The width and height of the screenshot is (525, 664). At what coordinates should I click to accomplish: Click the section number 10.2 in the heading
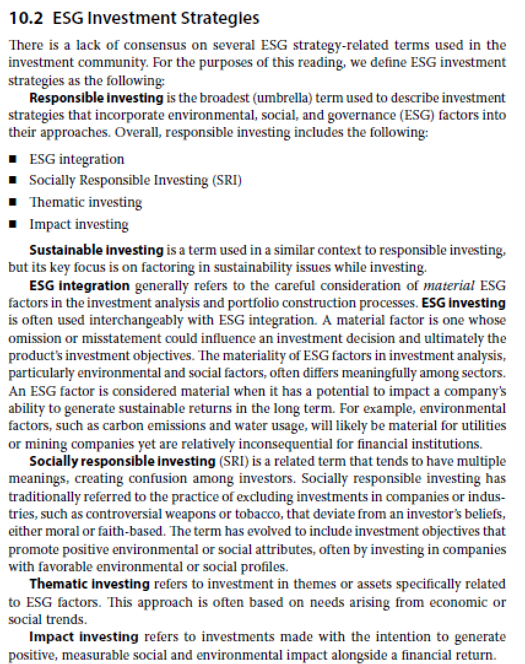pos(26,18)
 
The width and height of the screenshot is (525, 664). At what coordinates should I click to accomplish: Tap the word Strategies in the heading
pos(220,18)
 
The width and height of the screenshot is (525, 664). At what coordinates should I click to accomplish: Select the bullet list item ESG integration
pos(77,160)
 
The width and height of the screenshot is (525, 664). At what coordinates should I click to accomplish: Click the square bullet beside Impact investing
pos(13,225)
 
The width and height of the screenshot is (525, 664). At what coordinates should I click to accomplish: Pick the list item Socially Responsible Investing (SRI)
pos(135,180)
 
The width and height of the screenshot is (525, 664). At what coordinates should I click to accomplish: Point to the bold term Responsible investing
pos(96,98)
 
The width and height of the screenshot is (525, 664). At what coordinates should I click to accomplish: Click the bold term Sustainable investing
pos(96,250)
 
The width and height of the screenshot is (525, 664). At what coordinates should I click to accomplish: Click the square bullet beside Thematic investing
pos(13,203)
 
